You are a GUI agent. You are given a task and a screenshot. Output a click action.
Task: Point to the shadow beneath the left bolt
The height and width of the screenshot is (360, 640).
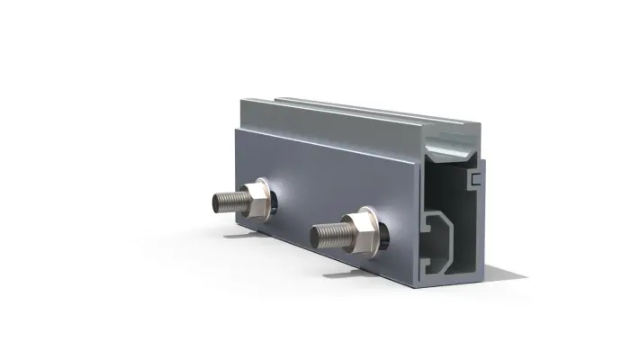239,237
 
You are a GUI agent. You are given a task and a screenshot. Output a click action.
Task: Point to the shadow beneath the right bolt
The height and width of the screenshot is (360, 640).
342,272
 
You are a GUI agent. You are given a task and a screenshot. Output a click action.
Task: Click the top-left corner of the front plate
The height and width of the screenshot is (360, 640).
235,128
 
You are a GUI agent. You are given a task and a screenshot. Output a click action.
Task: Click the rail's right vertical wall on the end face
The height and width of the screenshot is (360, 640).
482,225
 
